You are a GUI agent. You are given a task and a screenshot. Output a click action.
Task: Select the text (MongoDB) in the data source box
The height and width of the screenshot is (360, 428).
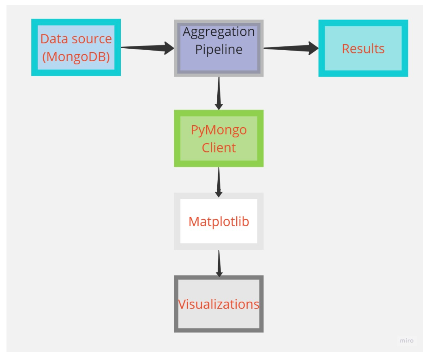[76, 56]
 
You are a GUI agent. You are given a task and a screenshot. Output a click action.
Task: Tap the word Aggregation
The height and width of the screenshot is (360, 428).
[219, 32]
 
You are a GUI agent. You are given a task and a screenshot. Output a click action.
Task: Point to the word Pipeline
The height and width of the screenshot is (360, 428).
[219, 49]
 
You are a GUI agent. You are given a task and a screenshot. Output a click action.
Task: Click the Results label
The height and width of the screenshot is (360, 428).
[363, 49]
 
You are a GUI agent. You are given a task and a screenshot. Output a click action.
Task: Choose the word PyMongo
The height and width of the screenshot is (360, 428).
[219, 130]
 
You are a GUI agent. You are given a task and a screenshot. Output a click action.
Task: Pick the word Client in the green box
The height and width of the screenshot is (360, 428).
[219, 148]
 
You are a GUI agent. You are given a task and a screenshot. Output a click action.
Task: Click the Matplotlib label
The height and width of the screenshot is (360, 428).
[219, 222]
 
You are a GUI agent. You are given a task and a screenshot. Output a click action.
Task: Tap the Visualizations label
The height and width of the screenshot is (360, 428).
[219, 304]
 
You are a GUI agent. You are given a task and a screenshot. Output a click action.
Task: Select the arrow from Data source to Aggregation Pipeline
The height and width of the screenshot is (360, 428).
[146, 48]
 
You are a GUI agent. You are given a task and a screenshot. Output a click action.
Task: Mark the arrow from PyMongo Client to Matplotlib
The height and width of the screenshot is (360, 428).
[219, 180]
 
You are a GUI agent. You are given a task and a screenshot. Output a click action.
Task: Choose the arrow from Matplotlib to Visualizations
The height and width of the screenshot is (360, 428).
[219, 263]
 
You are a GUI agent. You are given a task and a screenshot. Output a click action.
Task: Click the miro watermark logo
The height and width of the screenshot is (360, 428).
[407, 341]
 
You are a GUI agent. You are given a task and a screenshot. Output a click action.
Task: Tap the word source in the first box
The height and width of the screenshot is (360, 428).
[92, 39]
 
